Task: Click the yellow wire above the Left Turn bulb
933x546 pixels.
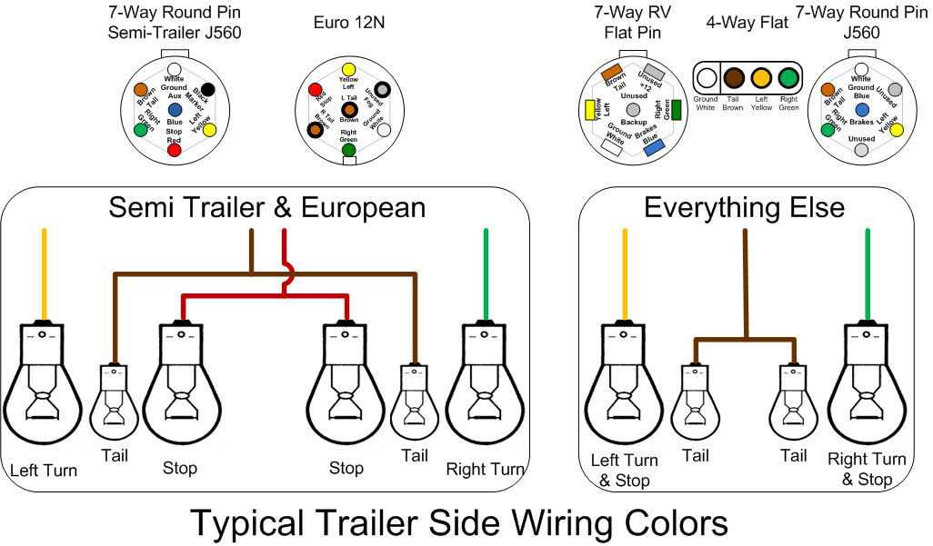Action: [x=44, y=273]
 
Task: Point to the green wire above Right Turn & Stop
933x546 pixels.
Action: [x=867, y=273]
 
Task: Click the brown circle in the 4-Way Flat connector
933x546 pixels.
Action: [x=734, y=79]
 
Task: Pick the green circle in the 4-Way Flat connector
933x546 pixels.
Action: [x=788, y=79]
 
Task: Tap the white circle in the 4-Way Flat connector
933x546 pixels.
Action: [x=706, y=79]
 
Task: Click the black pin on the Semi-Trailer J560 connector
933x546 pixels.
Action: [x=207, y=89]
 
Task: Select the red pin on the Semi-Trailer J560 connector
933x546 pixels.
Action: [x=174, y=149]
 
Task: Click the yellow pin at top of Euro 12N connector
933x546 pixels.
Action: [x=348, y=69]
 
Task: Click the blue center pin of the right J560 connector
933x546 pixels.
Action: [x=861, y=109]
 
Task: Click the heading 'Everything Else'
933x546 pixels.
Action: [x=744, y=207]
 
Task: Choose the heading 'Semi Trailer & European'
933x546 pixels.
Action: [x=266, y=207]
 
